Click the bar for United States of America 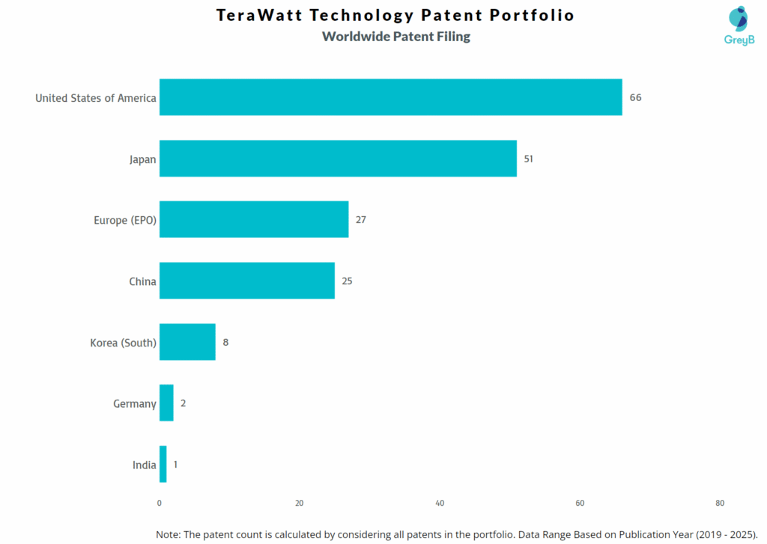click(x=390, y=97)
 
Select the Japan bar click(x=338, y=159)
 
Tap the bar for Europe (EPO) click(x=254, y=219)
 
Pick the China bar click(x=247, y=281)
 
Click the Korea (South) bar click(x=187, y=342)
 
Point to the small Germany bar click(x=166, y=403)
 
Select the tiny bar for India click(x=163, y=464)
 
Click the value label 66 click(x=635, y=97)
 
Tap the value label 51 click(x=530, y=159)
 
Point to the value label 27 click(x=361, y=219)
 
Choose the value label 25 click(x=347, y=281)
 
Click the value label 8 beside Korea click(x=225, y=342)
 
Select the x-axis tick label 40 click(x=440, y=504)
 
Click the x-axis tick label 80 click(x=720, y=504)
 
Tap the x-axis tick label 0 click(x=160, y=504)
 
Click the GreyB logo click(x=739, y=25)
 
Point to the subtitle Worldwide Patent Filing click(x=395, y=36)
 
